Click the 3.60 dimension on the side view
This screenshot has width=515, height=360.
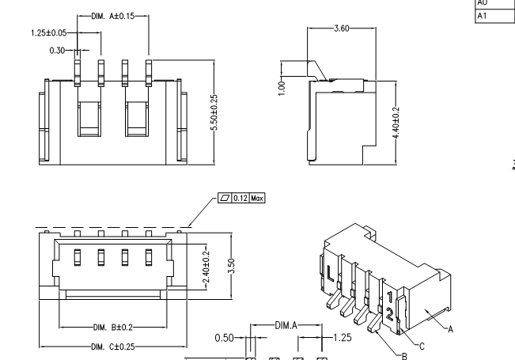(341, 28)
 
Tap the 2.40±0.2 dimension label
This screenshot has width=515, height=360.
(206, 261)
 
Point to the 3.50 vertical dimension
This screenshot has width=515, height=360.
(230, 260)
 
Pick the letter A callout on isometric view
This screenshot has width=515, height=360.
(451, 332)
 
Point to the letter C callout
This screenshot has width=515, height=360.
(422, 345)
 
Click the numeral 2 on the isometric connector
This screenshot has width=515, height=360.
(390, 315)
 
